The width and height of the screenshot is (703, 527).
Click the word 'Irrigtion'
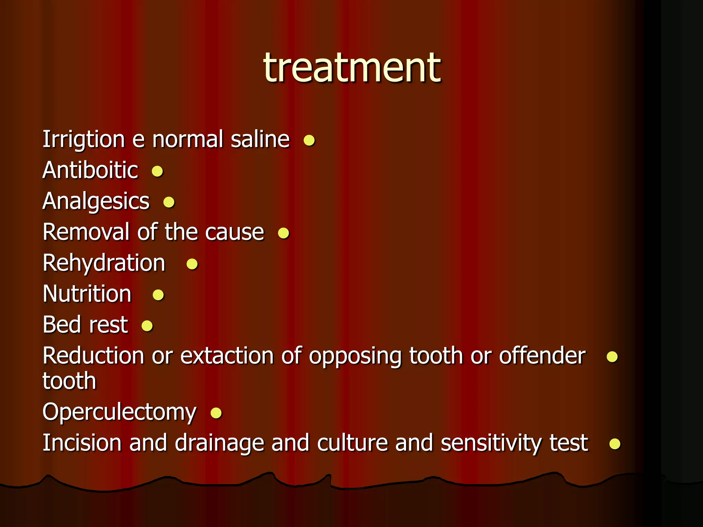[83, 140]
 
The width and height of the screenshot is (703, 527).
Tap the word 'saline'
[260, 140]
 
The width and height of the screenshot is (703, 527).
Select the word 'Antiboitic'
[90, 170]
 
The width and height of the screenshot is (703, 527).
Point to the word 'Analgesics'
[96, 201]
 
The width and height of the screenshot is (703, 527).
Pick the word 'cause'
[235, 233]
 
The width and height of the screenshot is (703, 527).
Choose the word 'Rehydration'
[104, 263]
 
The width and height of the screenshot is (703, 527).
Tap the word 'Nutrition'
[87, 294]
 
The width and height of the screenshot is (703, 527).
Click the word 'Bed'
[61, 325]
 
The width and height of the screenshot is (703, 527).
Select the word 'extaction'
[227, 356]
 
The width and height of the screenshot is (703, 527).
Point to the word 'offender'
[542, 356]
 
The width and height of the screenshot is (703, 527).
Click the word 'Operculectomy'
[119, 412]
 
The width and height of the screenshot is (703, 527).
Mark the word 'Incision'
[82, 443]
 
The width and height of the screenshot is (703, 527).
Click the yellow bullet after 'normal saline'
[309, 140]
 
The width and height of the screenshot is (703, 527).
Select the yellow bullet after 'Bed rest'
[147, 326]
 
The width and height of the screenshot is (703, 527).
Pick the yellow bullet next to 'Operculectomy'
[216, 413]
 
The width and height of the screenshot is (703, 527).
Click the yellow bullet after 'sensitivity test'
[614, 444]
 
